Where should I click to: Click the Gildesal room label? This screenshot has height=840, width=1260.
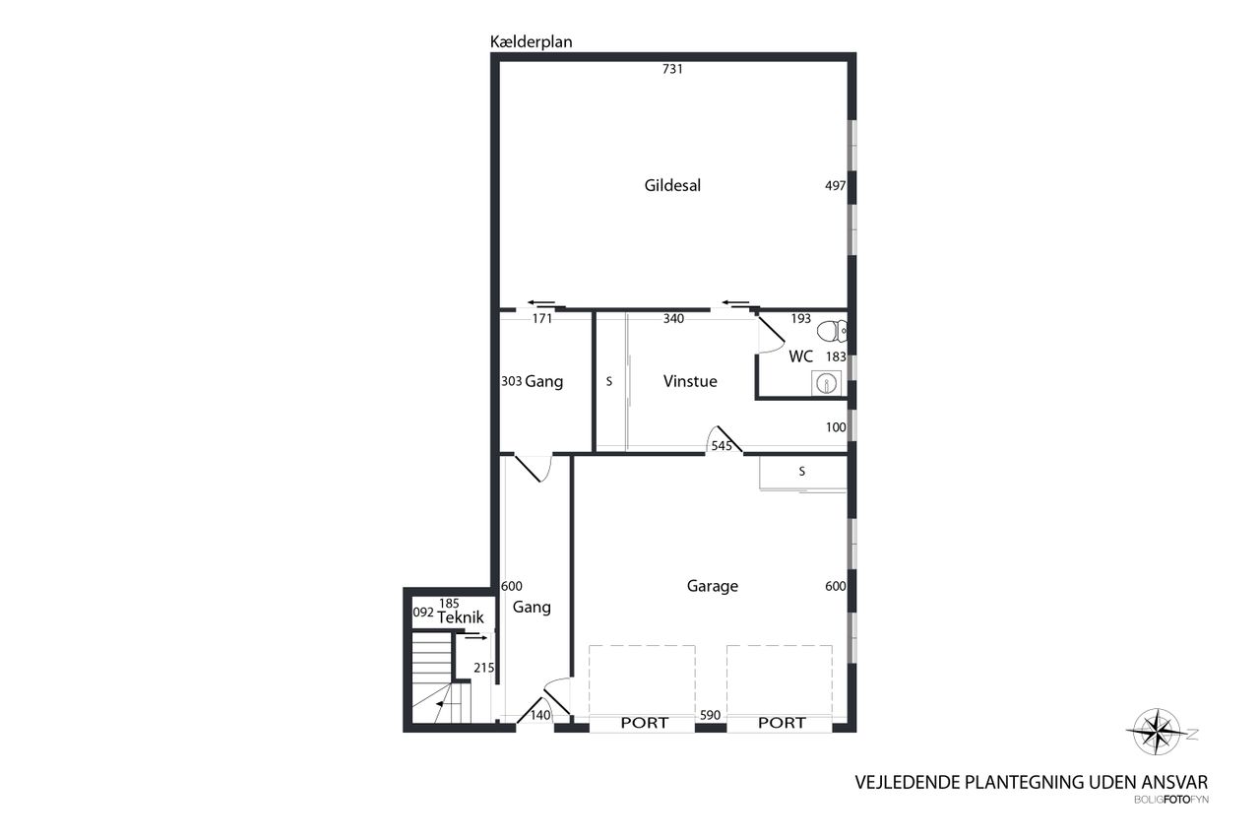tap(672, 186)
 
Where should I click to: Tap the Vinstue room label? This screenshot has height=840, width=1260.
tap(690, 381)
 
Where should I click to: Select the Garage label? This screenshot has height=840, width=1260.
tap(712, 586)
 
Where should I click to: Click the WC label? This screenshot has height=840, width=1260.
tap(801, 356)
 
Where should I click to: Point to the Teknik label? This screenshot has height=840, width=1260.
tap(461, 617)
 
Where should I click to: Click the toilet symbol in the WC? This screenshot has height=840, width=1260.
tap(832, 332)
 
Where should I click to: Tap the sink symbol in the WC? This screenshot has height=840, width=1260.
tap(826, 384)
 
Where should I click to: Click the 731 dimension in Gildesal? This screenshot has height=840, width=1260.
tap(672, 69)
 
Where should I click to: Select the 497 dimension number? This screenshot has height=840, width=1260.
tap(836, 186)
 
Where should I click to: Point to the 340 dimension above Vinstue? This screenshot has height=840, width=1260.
tap(673, 319)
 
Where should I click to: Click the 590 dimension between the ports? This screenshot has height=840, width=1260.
tap(710, 715)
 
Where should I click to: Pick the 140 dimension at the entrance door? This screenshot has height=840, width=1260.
tap(540, 715)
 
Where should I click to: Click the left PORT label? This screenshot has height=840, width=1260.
tap(644, 723)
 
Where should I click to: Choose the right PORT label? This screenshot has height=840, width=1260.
tap(782, 723)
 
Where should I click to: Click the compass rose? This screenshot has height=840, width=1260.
tap(1157, 732)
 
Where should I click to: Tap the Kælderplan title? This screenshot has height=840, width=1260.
tap(531, 42)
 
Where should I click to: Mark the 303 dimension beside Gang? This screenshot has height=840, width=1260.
tap(511, 381)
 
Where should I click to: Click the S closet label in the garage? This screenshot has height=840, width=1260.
tap(802, 472)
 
